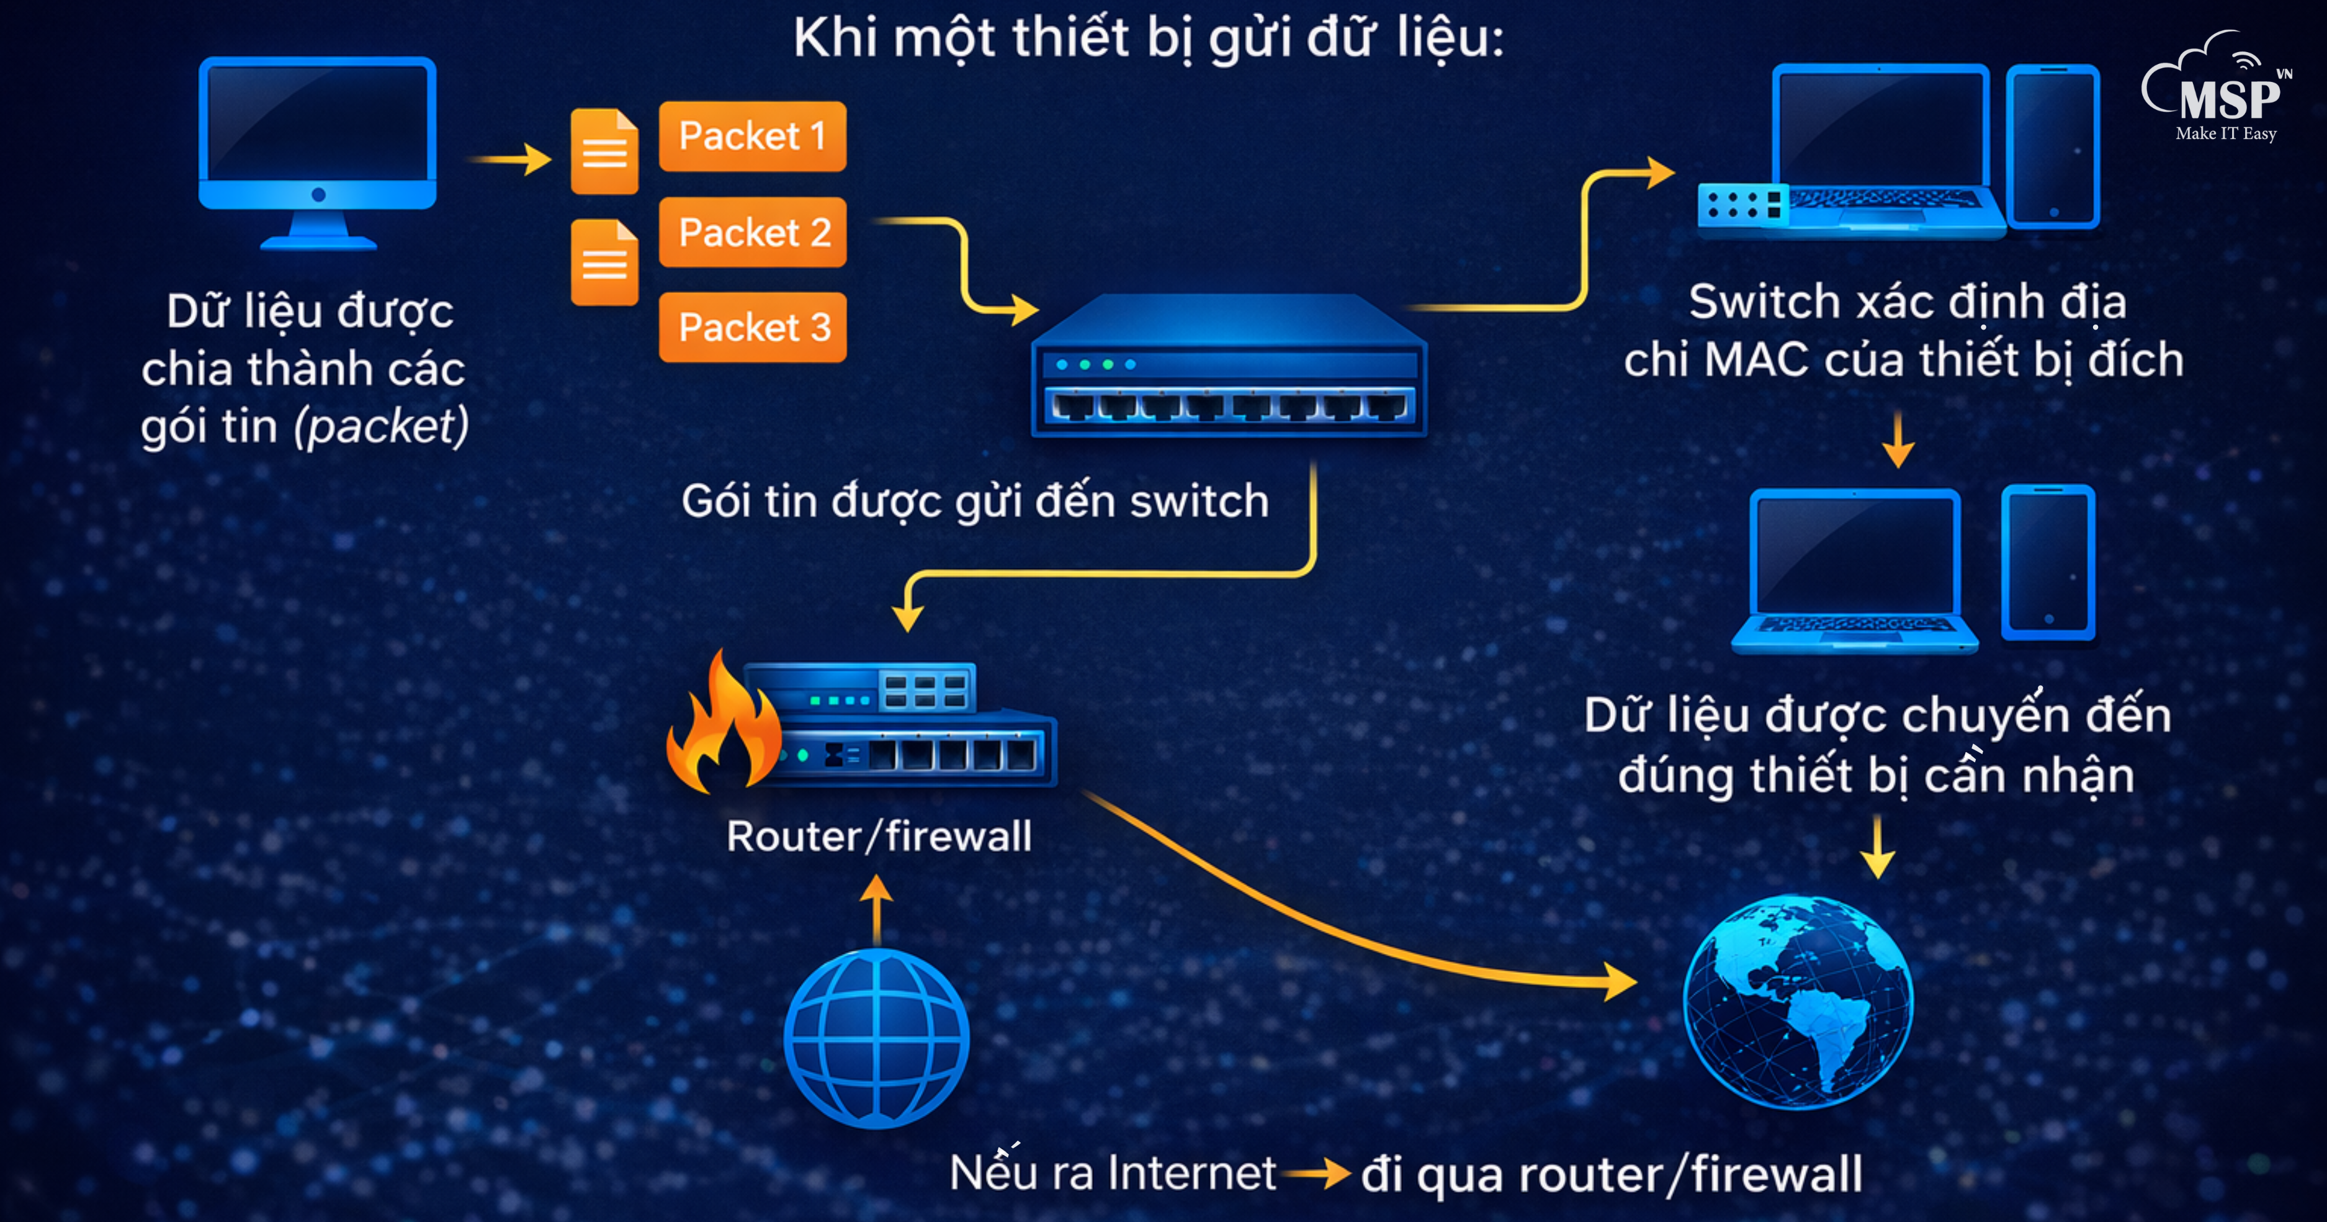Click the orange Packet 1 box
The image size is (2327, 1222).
tap(753, 137)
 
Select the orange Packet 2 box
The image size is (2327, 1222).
tap(753, 232)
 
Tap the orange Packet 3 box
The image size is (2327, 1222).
tap(753, 327)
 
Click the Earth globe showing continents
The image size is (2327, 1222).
tap(1798, 1002)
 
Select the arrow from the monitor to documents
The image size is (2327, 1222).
tap(510, 160)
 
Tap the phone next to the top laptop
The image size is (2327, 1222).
tap(2052, 146)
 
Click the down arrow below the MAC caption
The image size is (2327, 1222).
tap(1898, 440)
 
